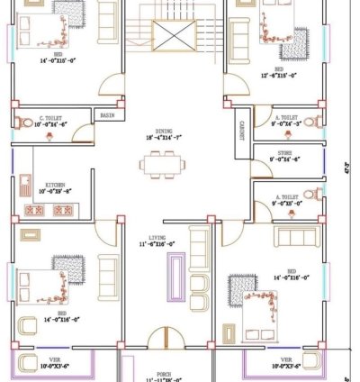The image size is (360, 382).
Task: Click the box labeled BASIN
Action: (x=107, y=115)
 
